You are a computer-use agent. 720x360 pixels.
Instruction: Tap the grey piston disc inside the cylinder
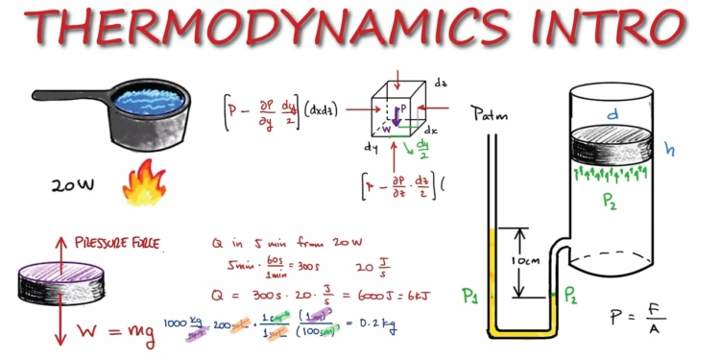coord(613,147)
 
